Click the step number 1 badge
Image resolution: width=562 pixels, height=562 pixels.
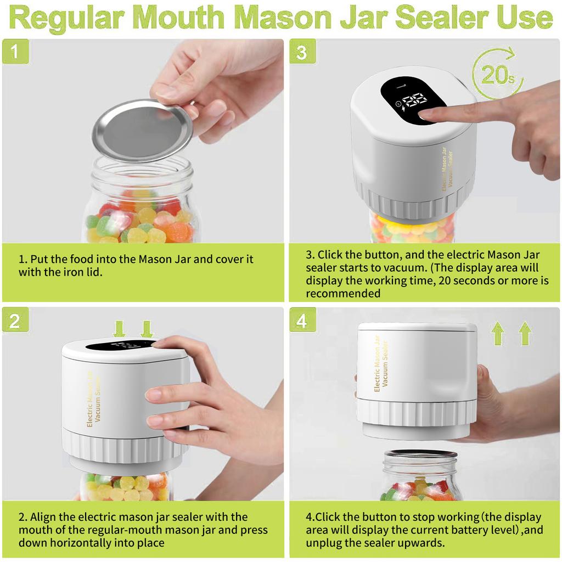tap(15, 52)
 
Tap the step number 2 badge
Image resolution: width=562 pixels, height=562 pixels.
tap(15, 320)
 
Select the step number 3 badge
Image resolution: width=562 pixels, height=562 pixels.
tap(302, 52)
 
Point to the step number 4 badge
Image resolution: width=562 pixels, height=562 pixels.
tap(302, 320)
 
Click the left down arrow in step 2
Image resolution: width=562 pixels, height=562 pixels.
tap(120, 329)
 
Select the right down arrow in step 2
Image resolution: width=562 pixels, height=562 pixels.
tap(147, 329)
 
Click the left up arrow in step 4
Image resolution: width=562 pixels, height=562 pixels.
tap(498, 334)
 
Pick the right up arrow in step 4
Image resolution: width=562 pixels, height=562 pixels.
tap(525, 334)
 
